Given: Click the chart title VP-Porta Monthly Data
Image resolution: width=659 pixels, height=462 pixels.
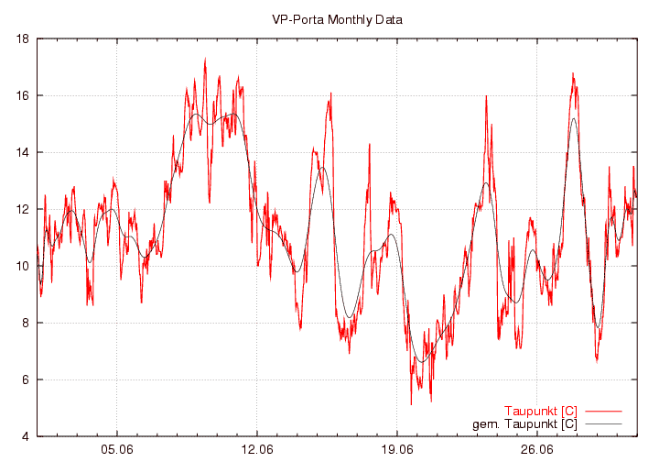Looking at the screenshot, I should [x=337, y=19].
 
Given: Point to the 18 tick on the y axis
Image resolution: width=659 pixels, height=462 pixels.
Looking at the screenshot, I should [x=23, y=38].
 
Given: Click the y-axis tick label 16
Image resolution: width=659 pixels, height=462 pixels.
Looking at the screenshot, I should [x=23, y=95].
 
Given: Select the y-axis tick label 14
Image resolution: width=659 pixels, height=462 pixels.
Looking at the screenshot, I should [x=23, y=152].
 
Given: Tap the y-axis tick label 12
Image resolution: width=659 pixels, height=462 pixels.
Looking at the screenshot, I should [x=23, y=209].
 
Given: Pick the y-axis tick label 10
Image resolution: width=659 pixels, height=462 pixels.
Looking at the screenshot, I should [x=23, y=266].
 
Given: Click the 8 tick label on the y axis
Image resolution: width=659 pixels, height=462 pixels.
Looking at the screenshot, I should [x=26, y=323].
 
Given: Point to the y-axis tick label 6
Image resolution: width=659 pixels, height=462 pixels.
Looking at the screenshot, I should [x=26, y=379].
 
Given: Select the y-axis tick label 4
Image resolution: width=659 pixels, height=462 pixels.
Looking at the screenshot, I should [x=26, y=436].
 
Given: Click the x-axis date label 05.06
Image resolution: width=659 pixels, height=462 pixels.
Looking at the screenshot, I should [x=117, y=450].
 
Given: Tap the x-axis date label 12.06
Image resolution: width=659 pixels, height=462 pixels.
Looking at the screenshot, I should [x=257, y=450].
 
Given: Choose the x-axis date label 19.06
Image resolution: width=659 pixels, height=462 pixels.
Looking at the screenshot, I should [x=397, y=450].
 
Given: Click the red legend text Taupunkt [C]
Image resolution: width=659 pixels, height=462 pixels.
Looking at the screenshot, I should [x=540, y=410].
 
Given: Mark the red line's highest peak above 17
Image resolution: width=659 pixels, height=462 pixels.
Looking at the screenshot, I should [x=205, y=59].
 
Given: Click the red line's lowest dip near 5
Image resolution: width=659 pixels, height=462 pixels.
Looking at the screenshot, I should [x=411, y=404].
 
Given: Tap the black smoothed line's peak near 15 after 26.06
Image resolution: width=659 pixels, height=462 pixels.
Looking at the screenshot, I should [x=574, y=118].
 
